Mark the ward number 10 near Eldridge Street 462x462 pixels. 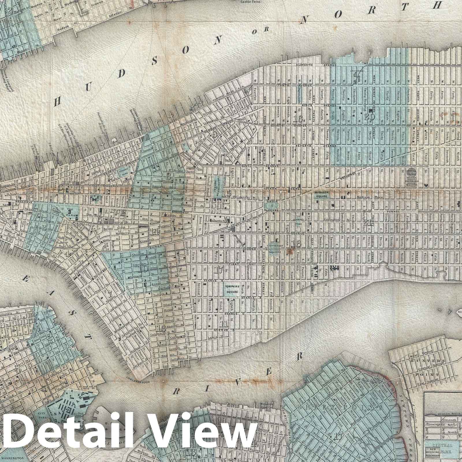click(x=144, y=269)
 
